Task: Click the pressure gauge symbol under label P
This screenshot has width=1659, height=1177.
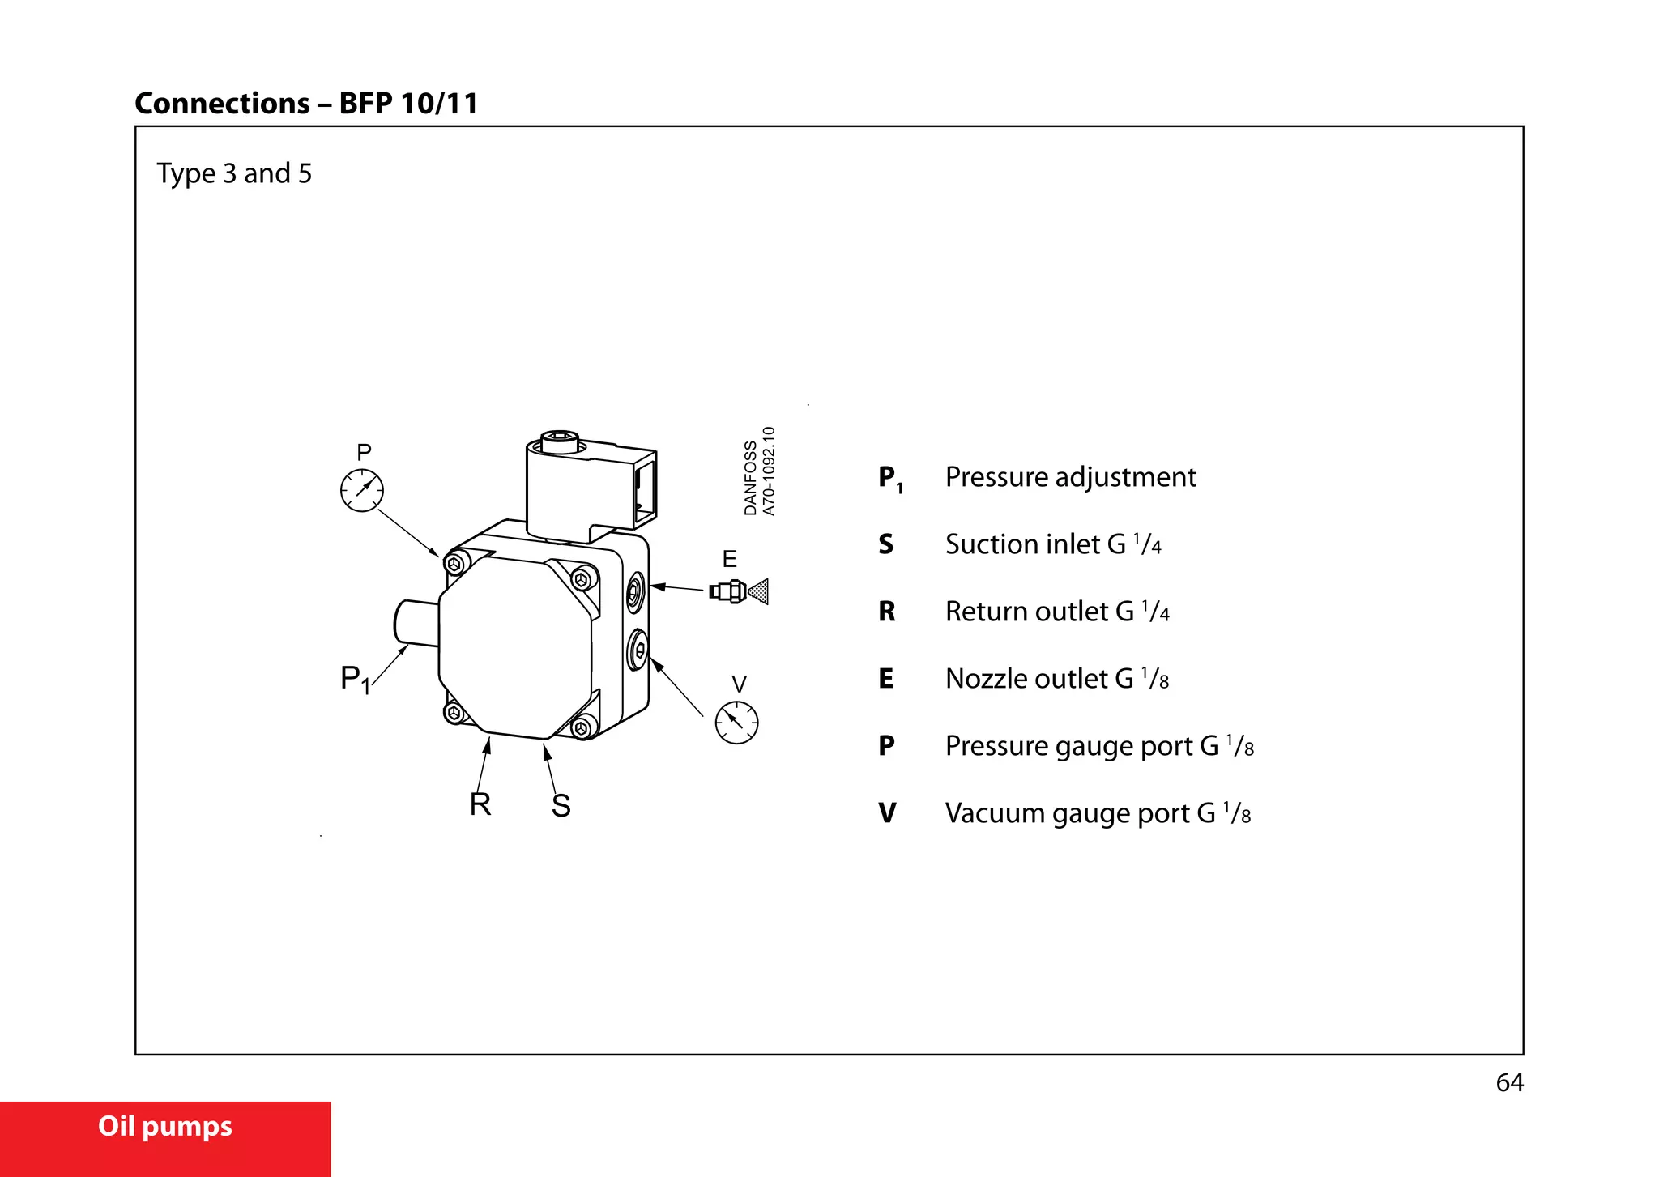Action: coord(361,490)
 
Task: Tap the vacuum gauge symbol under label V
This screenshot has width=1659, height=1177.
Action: coord(736,723)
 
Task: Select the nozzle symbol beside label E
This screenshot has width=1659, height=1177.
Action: coord(738,591)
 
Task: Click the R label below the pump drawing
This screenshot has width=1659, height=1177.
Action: coord(480,804)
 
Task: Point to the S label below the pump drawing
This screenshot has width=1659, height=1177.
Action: coord(561,806)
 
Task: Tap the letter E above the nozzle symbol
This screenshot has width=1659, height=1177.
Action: coord(729,559)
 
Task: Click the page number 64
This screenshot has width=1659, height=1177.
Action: coord(1509,1083)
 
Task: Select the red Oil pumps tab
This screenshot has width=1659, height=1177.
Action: coord(165,1127)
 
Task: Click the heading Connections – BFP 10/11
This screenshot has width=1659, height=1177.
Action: coord(306,104)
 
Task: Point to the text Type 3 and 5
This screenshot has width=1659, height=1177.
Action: coord(234,173)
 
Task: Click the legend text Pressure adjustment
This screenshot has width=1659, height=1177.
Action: coord(1070,477)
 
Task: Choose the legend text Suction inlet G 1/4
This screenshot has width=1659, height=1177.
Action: coord(1052,544)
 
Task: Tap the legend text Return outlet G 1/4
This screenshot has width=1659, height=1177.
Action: coord(1056,612)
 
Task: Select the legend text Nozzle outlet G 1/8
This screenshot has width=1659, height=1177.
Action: coord(1056,679)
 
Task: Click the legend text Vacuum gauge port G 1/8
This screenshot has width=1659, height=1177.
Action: coord(1098,813)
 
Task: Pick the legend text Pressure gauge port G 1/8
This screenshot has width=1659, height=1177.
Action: coord(1099,746)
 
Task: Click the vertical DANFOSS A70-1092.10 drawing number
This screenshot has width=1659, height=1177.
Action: coord(760,472)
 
